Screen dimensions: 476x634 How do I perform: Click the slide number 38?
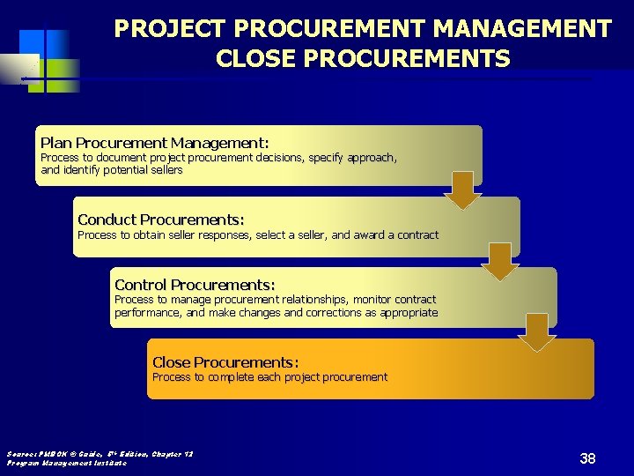[587, 458]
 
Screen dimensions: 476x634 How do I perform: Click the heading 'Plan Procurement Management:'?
[154, 142]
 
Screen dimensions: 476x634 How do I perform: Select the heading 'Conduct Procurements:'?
[160, 219]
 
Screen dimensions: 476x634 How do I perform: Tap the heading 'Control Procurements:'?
[195, 285]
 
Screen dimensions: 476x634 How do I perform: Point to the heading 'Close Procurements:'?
[225, 362]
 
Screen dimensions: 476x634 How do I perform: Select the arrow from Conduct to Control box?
[500, 261]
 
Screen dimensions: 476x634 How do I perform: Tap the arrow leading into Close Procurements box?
[537, 331]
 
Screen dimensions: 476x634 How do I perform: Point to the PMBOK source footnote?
[100, 454]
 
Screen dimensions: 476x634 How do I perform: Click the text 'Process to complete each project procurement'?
[269, 377]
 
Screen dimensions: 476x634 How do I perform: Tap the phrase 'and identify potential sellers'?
[112, 170]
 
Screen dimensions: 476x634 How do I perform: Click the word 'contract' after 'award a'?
[417, 235]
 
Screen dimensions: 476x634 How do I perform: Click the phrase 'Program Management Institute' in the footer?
[67, 463]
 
